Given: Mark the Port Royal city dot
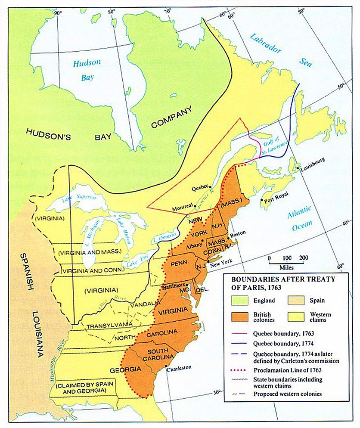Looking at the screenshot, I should pyautogui.click(x=261, y=200).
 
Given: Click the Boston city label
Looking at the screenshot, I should pyautogui.click(x=238, y=233).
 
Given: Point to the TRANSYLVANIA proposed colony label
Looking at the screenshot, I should pyautogui.click(x=106, y=325).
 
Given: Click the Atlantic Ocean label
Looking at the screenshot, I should pyautogui.click(x=299, y=218).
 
